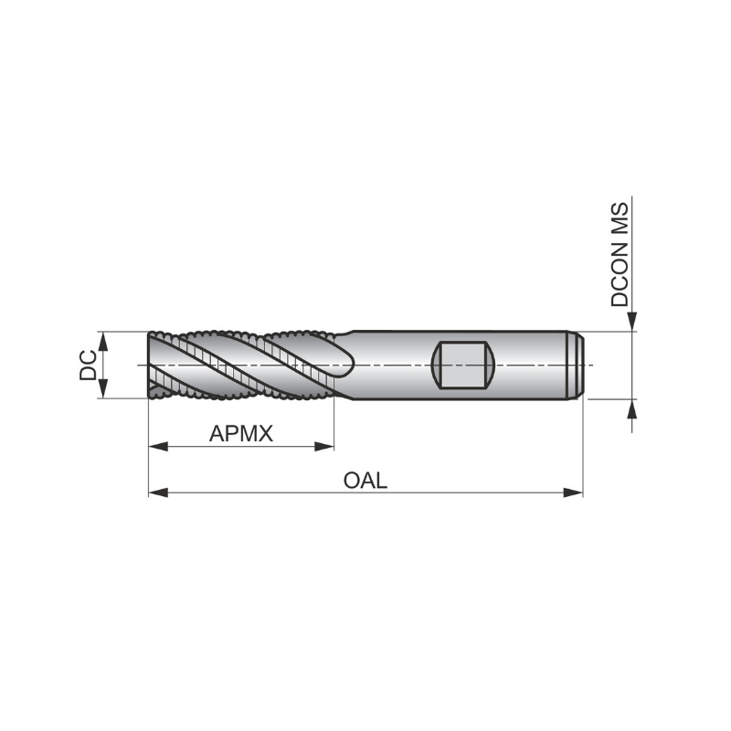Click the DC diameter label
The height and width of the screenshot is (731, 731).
[x=88, y=365]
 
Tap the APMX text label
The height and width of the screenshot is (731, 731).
[x=241, y=433]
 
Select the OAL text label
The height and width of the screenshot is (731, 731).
[x=365, y=480]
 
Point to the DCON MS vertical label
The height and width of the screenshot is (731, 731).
[x=621, y=254]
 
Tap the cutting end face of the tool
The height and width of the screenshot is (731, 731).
[x=152, y=365]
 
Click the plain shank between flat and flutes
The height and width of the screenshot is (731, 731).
[x=393, y=365]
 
